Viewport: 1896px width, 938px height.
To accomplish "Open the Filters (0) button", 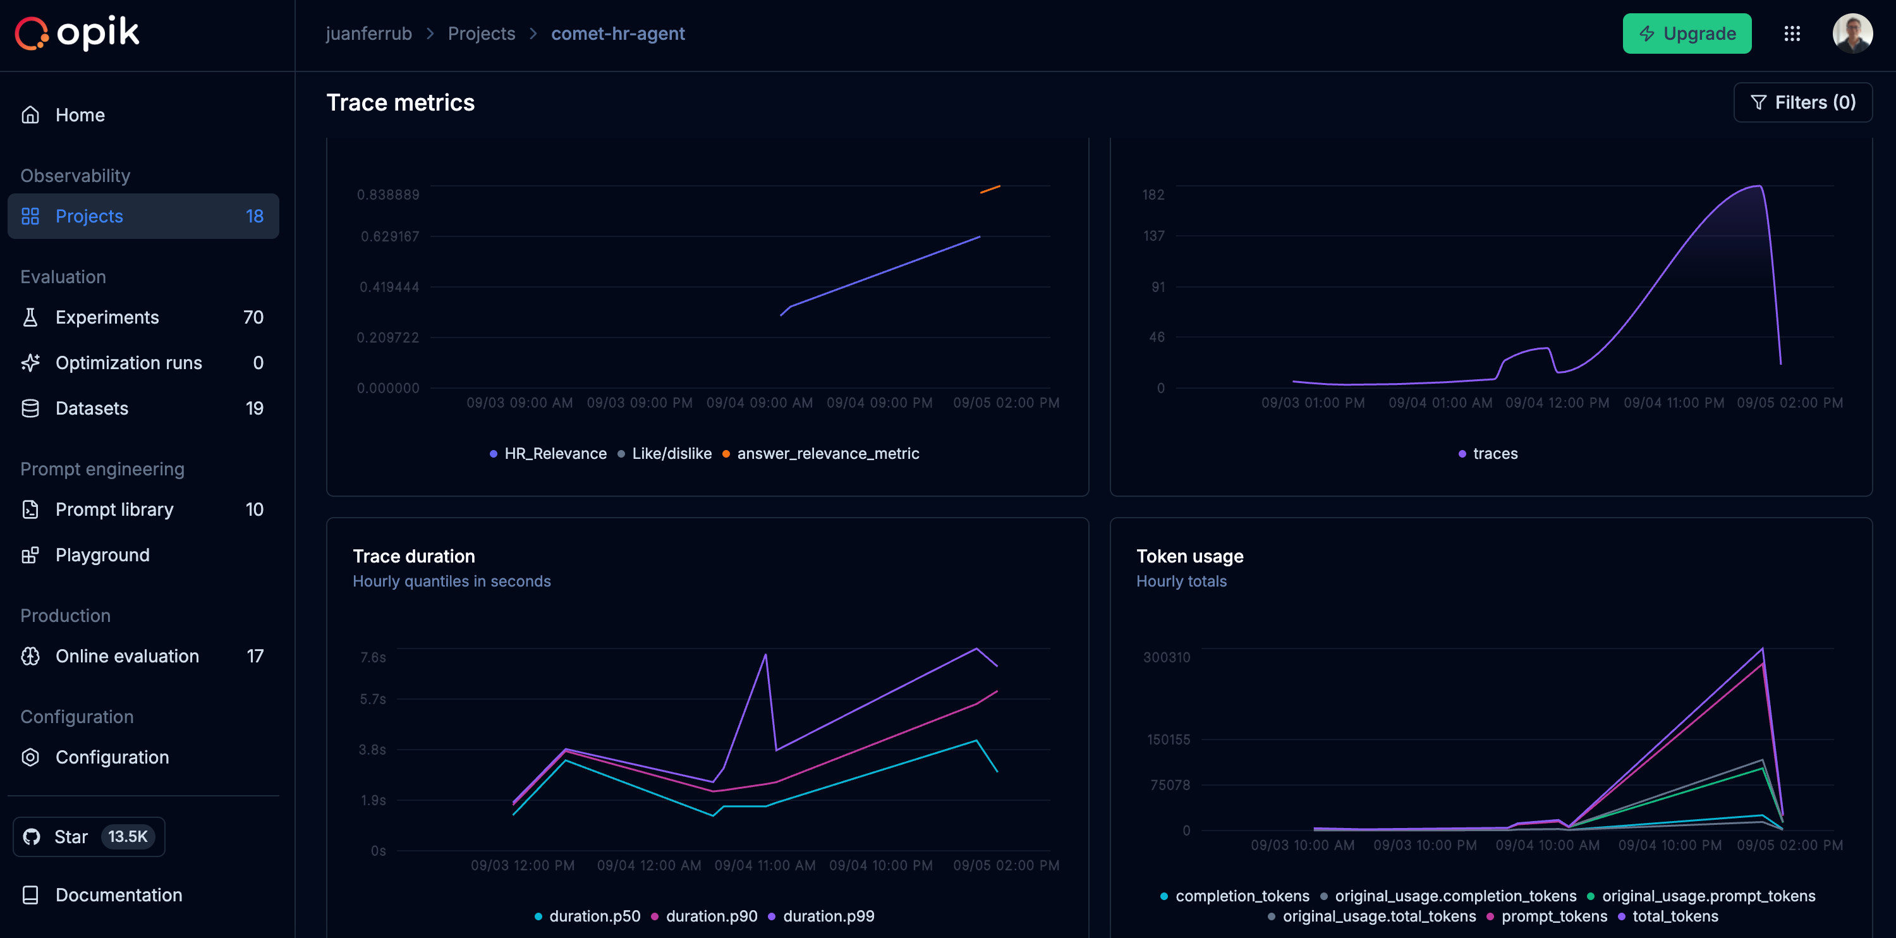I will point(1802,102).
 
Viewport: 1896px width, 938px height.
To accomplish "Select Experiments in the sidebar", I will point(107,317).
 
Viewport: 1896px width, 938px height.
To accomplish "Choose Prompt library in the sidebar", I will point(114,509).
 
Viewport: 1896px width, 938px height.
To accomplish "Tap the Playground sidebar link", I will point(102,555).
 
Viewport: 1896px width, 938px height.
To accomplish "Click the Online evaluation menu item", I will point(126,656).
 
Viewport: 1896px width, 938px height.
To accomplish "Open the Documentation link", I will point(119,894).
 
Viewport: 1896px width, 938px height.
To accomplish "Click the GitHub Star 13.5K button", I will point(89,836).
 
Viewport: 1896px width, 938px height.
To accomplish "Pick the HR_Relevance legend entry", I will point(555,454).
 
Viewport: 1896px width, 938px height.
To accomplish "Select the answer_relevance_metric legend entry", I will point(827,454).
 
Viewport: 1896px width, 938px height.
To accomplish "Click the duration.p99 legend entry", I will point(828,916).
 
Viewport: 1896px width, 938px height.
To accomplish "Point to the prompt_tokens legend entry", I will point(1553,916).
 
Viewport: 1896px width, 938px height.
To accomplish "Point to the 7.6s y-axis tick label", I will point(372,657).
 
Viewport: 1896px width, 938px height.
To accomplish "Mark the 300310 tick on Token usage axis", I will point(1166,657).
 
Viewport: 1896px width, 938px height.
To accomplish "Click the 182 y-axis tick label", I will point(1153,195).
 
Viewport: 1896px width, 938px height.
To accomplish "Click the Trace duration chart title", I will point(414,556).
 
